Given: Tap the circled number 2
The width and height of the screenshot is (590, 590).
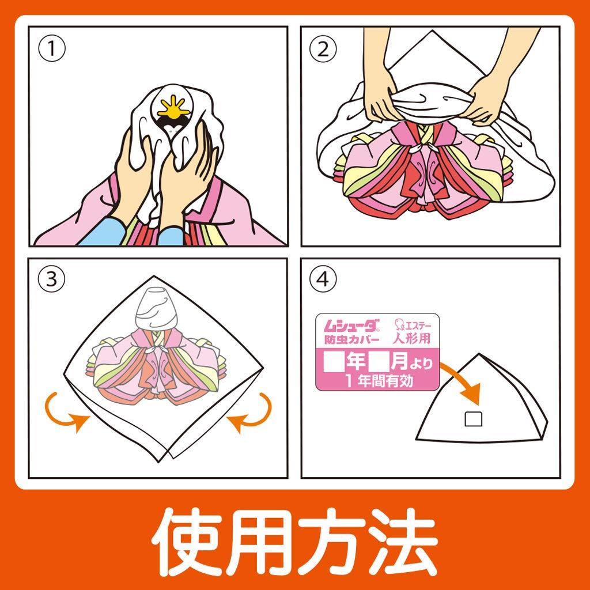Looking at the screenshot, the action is (323, 49).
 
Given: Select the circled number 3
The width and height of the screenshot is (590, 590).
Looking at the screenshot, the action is (51, 279).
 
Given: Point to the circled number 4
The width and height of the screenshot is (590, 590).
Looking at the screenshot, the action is (323, 279).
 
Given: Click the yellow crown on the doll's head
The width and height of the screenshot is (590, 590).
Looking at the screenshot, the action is (173, 107).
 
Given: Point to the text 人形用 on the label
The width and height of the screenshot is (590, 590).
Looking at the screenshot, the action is (411, 338).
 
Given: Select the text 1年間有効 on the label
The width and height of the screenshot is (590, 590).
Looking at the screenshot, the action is (379, 381).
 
